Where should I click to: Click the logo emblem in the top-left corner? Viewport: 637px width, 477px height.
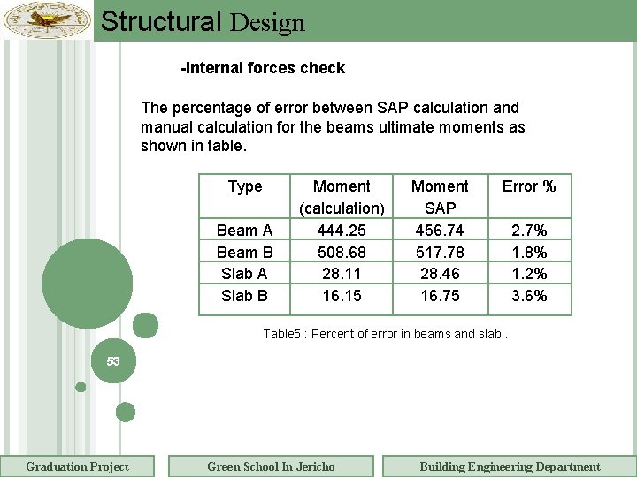pos(47,19)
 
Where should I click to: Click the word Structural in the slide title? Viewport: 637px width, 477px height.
pos(161,21)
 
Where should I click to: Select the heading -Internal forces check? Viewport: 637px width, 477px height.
pos(263,68)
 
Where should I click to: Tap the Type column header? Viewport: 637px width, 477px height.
pos(245,186)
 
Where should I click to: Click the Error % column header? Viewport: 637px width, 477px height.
pos(529,186)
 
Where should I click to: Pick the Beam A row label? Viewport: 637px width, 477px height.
pos(244,231)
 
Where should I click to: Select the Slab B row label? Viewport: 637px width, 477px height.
pos(244,296)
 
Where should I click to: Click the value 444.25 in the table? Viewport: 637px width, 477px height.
pos(342,231)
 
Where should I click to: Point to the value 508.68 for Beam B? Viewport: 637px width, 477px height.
pos(342,253)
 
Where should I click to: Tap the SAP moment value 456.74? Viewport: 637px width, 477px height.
pos(440,231)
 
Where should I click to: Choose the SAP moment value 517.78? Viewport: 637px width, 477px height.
pos(440,253)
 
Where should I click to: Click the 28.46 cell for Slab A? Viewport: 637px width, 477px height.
pos(440,274)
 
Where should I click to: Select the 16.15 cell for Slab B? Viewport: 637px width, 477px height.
pos(342,296)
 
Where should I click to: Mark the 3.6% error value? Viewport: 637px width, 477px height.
pos(529,296)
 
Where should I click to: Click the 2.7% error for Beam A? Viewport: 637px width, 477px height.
pos(529,231)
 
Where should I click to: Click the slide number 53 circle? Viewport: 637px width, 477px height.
pos(113,362)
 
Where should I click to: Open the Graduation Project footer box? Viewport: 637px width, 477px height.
pos(77,466)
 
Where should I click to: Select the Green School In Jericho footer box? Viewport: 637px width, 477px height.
pos(271,466)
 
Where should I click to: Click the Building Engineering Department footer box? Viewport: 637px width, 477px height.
pos(510,466)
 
